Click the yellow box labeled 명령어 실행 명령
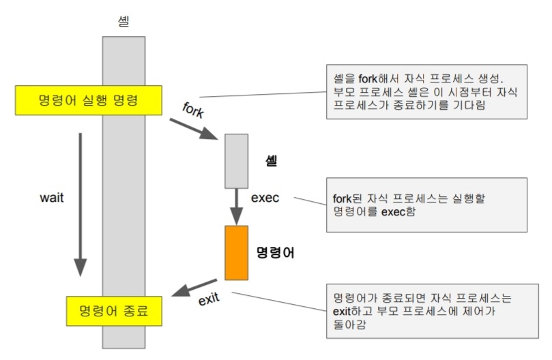click(88, 101)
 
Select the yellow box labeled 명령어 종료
click(114, 312)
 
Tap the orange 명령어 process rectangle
click(235, 252)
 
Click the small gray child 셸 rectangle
click(236, 160)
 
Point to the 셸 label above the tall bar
click(123, 22)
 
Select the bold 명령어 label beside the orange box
click(274, 252)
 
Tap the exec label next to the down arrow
click(265, 199)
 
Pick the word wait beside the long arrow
click(52, 199)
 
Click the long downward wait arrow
click(81, 205)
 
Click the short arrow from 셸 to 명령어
click(236, 206)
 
